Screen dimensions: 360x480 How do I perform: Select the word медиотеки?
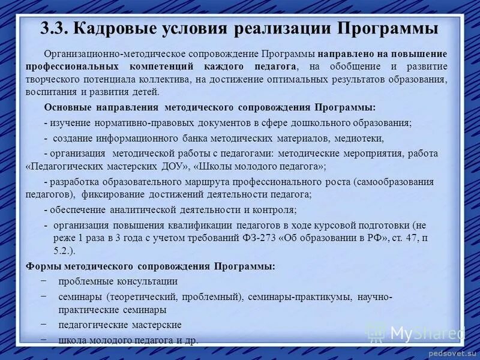(x=359, y=138)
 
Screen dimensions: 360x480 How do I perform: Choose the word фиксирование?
(x=109, y=194)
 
